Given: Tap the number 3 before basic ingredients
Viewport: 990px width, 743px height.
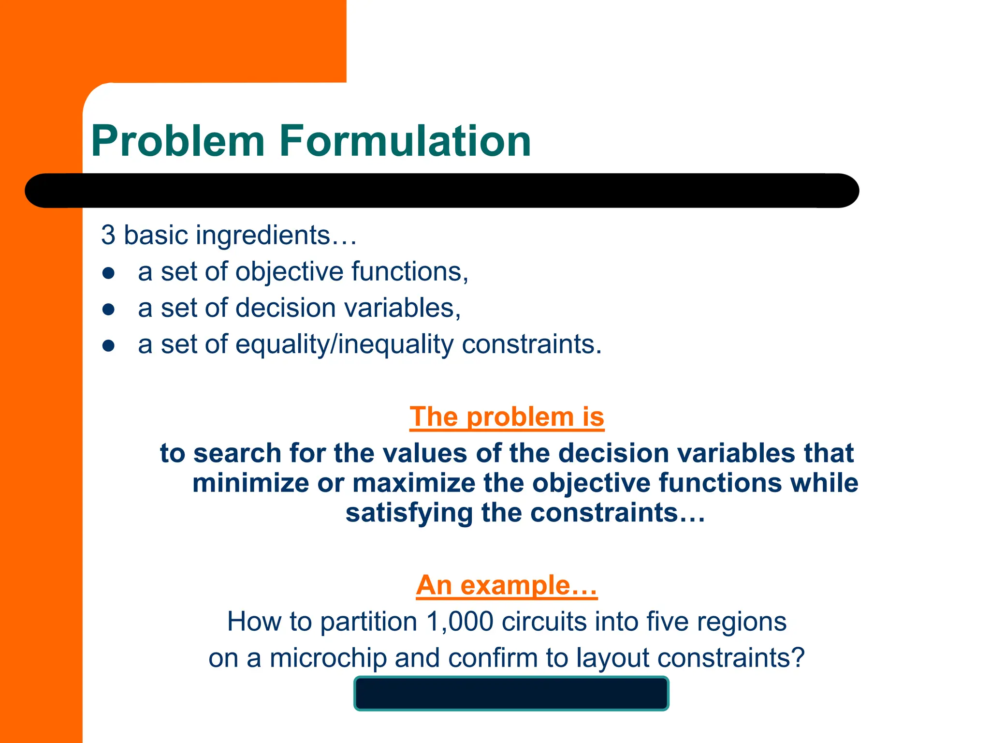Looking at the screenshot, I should pyautogui.click(x=108, y=235).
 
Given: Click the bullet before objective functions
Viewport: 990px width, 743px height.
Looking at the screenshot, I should pyautogui.click(x=109, y=273).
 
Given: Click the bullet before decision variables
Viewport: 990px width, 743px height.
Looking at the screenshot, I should pyautogui.click(x=109, y=310).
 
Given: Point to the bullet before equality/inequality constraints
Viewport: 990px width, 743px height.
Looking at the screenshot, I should pyautogui.click(x=109, y=346).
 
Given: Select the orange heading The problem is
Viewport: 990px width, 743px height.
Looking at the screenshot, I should pyautogui.click(x=507, y=417).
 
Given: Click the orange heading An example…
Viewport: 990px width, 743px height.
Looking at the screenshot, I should pyautogui.click(x=507, y=585).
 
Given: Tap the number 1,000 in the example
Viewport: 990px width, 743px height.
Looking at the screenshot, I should pyautogui.click(x=460, y=622).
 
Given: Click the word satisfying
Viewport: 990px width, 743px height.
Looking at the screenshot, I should pyautogui.click(x=409, y=513).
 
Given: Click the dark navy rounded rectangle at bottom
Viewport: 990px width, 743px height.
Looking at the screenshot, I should pyautogui.click(x=511, y=694).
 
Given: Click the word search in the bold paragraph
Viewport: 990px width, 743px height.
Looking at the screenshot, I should pyautogui.click(x=237, y=454).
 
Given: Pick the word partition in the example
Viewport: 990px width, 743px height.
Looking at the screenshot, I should pyautogui.click(x=368, y=622).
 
